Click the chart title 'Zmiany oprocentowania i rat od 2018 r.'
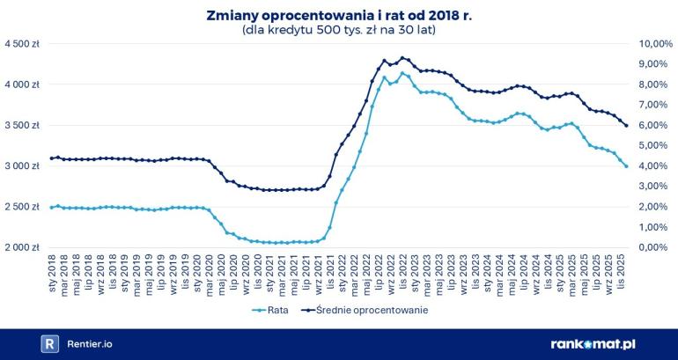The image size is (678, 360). click(x=339, y=14)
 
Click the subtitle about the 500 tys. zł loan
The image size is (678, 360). click(x=339, y=29)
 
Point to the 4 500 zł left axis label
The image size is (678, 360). click(x=21, y=44)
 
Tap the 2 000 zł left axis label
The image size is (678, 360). click(x=21, y=247)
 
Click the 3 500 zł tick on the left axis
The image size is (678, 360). click(x=21, y=126)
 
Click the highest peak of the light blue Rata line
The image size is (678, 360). click(x=402, y=73)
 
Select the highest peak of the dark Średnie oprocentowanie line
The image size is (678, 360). click(x=402, y=58)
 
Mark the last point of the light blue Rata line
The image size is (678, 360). click(x=626, y=166)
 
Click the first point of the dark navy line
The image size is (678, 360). click(x=52, y=158)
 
